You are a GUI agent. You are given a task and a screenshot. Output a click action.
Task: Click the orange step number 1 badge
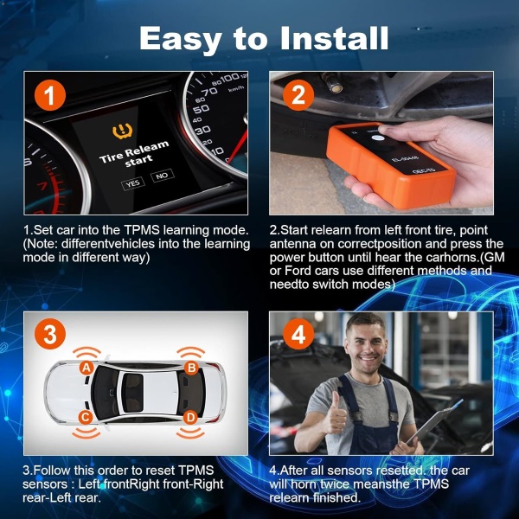50,95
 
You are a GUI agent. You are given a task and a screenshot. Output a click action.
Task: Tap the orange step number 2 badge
298,95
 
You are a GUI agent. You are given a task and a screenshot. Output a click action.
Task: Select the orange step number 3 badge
50,334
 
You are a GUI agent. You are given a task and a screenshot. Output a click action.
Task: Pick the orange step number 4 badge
298,334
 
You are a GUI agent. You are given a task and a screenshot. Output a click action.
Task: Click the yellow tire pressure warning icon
123,131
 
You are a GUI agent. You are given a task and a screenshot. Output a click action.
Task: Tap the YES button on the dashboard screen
132,183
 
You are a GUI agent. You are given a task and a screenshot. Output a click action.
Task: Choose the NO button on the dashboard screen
163,176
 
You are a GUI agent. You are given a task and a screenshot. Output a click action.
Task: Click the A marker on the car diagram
86,368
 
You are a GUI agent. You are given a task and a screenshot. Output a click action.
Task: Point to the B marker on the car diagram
191,368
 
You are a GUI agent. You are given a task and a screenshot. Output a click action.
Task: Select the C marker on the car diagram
86,418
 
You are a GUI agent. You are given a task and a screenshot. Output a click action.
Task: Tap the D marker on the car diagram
190,418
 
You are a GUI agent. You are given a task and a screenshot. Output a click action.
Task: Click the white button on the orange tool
386,139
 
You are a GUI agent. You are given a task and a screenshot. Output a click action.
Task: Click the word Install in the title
334,38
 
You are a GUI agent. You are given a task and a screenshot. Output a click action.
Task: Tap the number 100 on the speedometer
230,78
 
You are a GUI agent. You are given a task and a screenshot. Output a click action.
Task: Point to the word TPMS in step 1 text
142,230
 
